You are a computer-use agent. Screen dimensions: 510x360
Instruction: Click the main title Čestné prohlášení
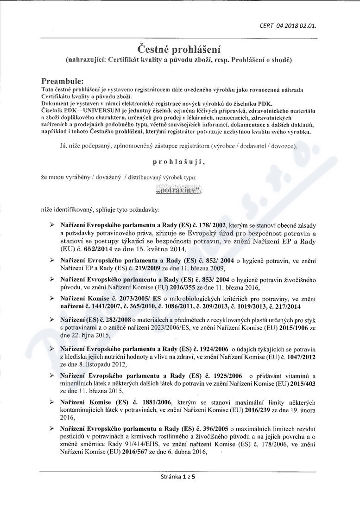pos(180,49)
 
